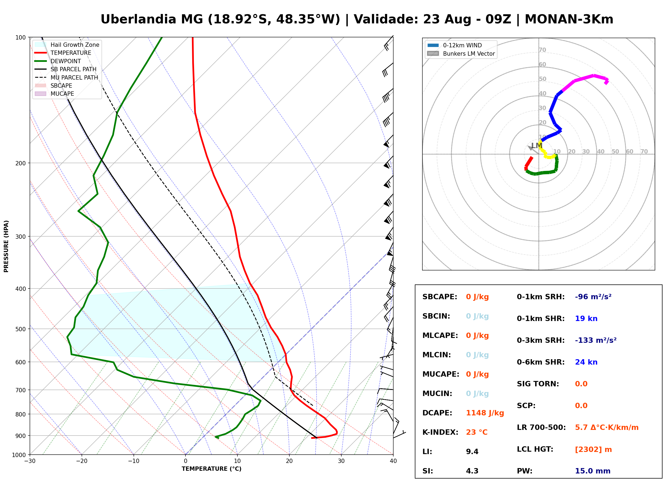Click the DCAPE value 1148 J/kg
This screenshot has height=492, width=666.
click(x=485, y=413)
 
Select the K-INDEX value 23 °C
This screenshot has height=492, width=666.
click(x=477, y=432)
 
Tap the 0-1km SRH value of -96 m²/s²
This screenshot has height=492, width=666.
click(x=593, y=297)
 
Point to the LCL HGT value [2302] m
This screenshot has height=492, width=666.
click(x=593, y=450)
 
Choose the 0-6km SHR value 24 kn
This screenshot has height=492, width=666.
click(x=586, y=362)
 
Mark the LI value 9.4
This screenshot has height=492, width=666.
click(x=472, y=452)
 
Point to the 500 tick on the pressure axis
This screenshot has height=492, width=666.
click(x=20, y=329)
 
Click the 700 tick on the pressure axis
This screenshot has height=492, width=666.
click(x=20, y=390)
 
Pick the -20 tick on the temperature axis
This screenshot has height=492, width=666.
click(x=82, y=461)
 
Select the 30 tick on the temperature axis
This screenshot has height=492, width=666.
click(x=341, y=461)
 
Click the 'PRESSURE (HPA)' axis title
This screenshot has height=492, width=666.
click(x=6, y=246)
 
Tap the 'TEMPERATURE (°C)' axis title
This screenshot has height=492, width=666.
click(x=212, y=469)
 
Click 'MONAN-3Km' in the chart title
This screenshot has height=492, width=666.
click(x=569, y=19)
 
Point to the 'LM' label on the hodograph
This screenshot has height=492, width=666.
click(x=537, y=146)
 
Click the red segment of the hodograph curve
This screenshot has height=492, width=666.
click(x=528, y=163)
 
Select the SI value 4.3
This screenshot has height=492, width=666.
click(x=472, y=471)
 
